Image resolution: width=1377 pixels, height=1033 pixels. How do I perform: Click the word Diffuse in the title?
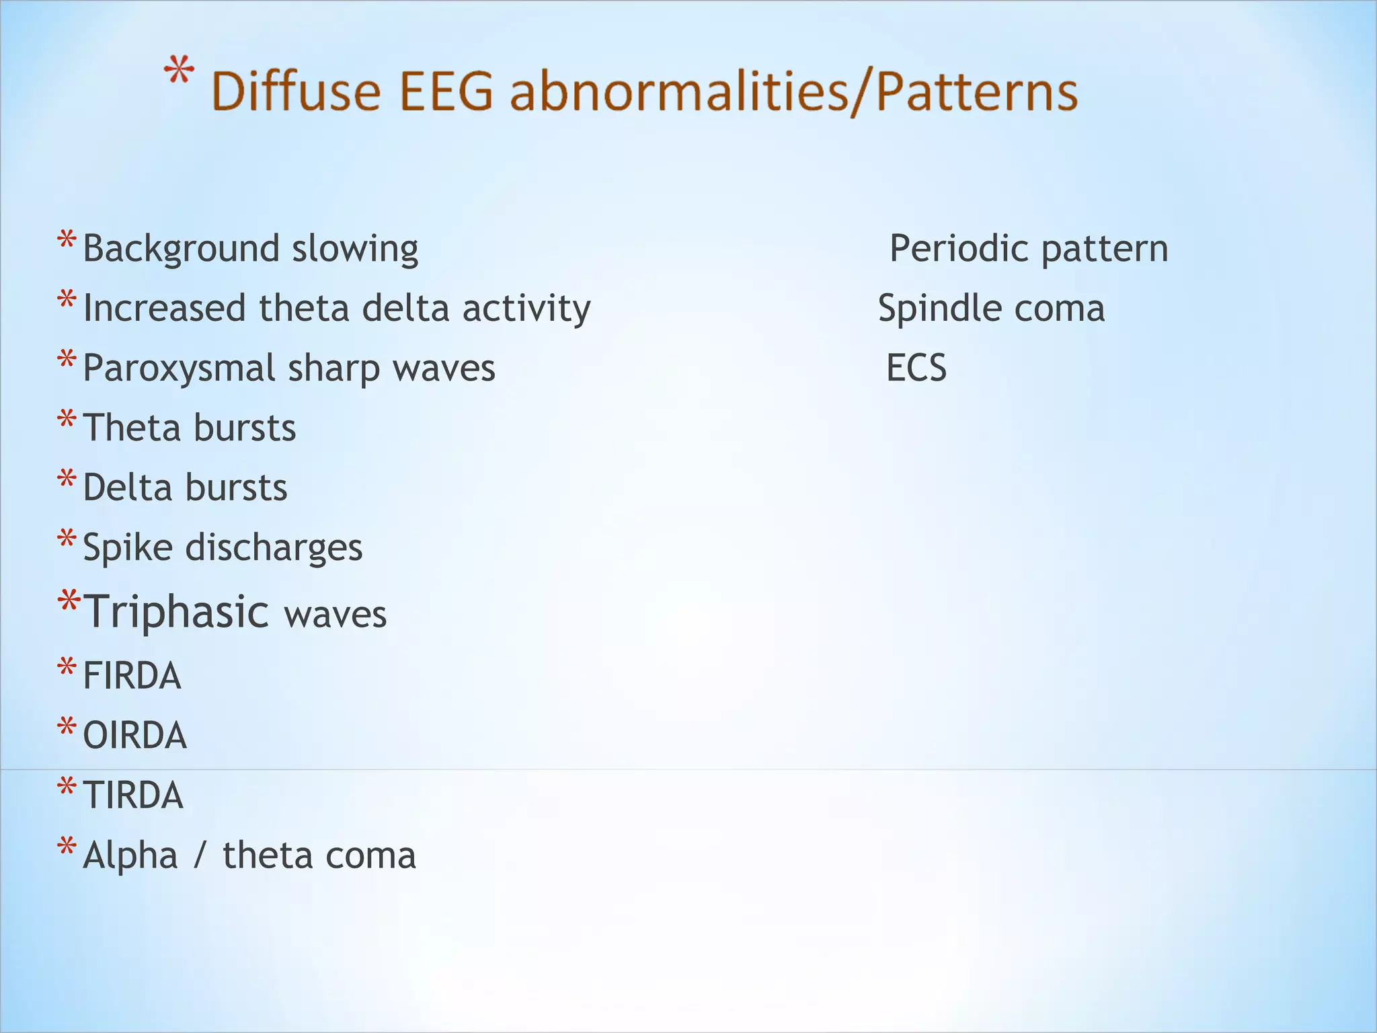coord(297,91)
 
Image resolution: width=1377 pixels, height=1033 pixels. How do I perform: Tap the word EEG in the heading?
coord(446,91)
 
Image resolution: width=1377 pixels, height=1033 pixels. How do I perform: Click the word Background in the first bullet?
coord(182,249)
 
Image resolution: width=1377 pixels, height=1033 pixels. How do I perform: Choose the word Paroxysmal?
coord(180,369)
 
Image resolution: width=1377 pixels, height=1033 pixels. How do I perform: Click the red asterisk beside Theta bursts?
coord(67,421)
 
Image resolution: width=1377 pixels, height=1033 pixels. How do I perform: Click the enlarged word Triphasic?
coord(176,612)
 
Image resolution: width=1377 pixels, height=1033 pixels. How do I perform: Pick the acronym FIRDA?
coord(132,675)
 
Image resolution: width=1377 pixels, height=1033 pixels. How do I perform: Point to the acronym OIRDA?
coord(134,735)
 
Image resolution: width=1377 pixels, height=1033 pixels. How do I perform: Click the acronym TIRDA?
coord(133,795)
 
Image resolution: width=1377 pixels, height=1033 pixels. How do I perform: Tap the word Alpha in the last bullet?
coord(130,855)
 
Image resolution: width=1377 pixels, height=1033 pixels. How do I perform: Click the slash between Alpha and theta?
coord(200,856)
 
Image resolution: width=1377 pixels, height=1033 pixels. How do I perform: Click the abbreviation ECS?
coord(916,368)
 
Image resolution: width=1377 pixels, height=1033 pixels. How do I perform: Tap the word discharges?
coord(274,547)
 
